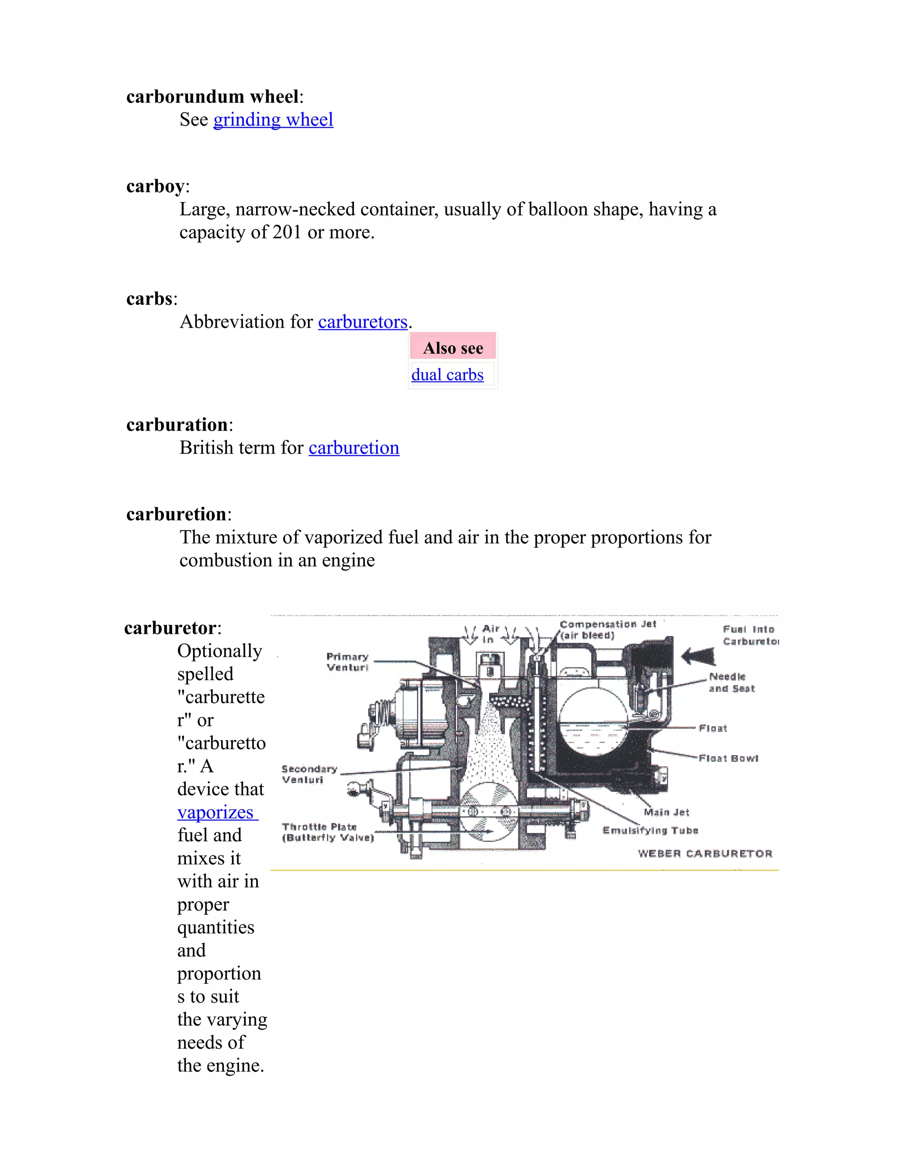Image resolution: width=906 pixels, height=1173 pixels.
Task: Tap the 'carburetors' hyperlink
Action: point(363,322)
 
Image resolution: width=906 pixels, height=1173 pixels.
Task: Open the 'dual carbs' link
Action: point(447,374)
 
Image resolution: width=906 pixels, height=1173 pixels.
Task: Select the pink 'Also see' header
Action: point(453,347)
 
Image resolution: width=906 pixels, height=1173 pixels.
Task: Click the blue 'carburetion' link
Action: point(354,448)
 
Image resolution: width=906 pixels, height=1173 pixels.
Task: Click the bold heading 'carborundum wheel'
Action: point(212,96)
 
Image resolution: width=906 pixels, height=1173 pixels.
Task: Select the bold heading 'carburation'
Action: point(177,424)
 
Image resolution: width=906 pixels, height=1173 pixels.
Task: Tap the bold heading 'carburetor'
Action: point(170,628)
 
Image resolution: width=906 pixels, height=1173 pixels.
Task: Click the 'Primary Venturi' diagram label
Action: point(347,662)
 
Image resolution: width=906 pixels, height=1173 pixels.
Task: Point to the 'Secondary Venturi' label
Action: point(309,774)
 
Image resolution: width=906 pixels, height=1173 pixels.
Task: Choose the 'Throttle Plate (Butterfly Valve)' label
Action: point(327,832)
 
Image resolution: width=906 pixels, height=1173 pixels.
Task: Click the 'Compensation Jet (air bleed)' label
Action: point(607,629)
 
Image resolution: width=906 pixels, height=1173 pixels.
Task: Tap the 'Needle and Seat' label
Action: point(732,682)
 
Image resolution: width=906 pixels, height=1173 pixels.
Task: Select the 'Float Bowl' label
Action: point(728,758)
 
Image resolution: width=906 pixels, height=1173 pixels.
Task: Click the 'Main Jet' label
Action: point(667,812)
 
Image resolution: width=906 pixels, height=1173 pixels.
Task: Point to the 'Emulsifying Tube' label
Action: point(650,830)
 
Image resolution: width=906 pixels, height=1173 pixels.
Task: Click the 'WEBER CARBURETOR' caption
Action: point(705,853)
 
